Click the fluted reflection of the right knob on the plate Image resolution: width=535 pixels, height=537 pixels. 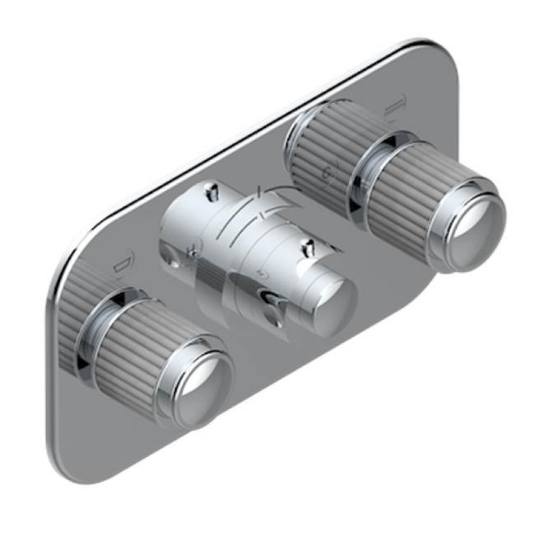[x=322, y=156]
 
